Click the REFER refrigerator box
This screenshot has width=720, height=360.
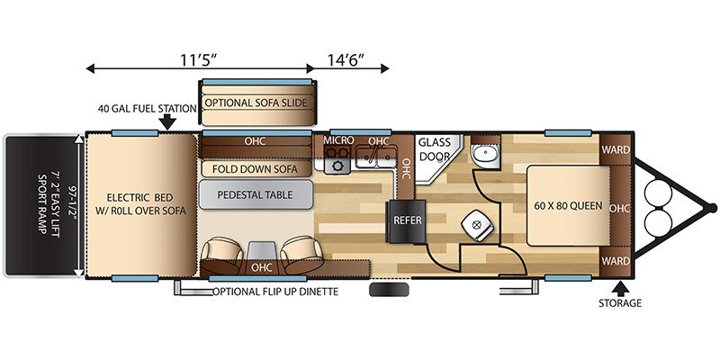tap(408, 221)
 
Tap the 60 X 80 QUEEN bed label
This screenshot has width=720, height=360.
tap(568, 206)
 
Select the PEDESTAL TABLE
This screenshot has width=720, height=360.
tap(256, 194)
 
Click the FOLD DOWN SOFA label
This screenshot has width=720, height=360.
tap(255, 169)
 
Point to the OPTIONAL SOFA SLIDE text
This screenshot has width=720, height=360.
tap(256, 103)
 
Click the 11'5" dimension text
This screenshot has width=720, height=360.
tap(197, 59)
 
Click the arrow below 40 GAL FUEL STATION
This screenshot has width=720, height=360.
tap(168, 122)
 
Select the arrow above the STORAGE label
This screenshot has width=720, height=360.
tap(620, 288)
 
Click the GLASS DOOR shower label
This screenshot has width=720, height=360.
tap(434, 149)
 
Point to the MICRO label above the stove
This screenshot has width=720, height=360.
tap(338, 140)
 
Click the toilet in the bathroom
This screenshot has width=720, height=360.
tap(477, 227)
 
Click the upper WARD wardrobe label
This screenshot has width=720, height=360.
tap(616, 149)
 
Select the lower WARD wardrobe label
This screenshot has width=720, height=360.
tap(616, 261)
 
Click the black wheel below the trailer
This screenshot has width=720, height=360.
tap(389, 289)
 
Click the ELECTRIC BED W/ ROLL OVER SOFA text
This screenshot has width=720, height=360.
tap(139, 204)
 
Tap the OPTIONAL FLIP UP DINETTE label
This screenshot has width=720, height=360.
tap(275, 292)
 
